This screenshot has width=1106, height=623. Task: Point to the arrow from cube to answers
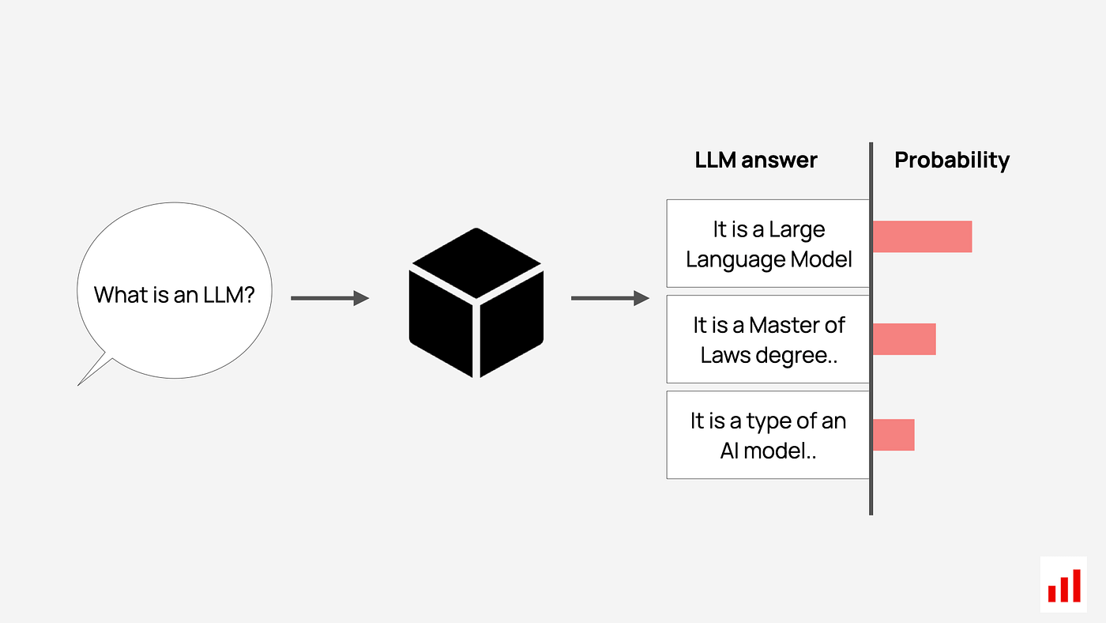click(609, 298)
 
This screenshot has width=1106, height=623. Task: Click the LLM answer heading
click(756, 160)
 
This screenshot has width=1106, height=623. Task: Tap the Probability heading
click(952, 160)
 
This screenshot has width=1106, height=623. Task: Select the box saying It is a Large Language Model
click(768, 244)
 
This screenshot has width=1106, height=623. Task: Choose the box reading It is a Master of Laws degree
click(768, 339)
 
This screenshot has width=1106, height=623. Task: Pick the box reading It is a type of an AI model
click(768, 435)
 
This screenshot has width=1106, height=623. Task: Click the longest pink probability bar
click(922, 236)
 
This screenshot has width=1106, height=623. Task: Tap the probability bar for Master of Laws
click(904, 338)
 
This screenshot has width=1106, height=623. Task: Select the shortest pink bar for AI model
click(893, 435)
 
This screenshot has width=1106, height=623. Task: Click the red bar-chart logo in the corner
click(1063, 585)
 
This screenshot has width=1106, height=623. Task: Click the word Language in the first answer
click(724, 259)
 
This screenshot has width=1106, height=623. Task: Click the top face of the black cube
click(476, 262)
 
